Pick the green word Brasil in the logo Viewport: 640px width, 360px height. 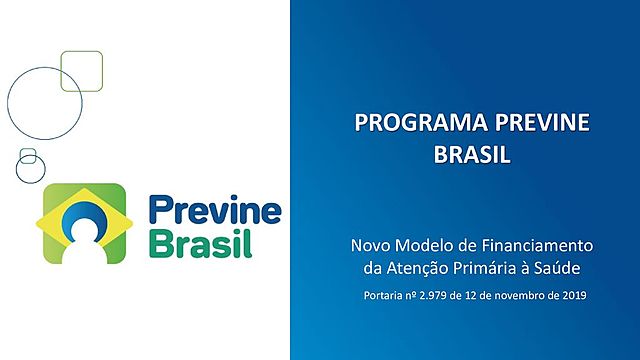coord(200,243)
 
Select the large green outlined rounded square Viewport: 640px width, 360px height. coord(82,71)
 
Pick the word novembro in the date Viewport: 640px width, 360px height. coord(519,296)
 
